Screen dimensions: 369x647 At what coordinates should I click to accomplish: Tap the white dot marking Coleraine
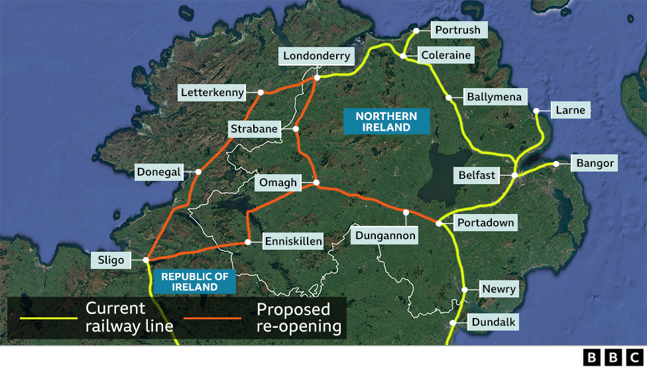coord(403,56)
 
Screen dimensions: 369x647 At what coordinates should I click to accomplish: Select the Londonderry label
coord(316,56)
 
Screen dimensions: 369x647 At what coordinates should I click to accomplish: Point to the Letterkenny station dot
coord(261,92)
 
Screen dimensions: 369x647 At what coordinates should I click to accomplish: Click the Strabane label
coord(253,129)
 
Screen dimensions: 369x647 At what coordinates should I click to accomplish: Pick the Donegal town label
coord(158,172)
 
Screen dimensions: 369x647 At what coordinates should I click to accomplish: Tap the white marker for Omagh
coord(316,182)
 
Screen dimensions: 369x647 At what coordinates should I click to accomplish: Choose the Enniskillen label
coord(293,241)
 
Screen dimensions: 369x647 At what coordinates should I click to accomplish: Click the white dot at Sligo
coord(146,260)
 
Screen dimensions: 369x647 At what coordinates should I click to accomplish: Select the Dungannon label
coord(385,235)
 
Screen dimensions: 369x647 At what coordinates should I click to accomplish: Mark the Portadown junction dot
coord(438,223)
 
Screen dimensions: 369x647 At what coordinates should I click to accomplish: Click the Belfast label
coord(477,176)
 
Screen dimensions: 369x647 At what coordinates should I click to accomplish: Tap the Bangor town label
coord(596,163)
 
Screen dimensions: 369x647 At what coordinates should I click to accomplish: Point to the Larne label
coord(571,110)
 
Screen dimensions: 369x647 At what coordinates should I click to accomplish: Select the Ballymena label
coord(494,97)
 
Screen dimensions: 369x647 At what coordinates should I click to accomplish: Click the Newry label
coord(499,290)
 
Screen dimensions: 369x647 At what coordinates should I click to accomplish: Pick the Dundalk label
coord(494,323)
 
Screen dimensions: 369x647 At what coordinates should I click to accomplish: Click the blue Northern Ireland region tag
coord(386,122)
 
